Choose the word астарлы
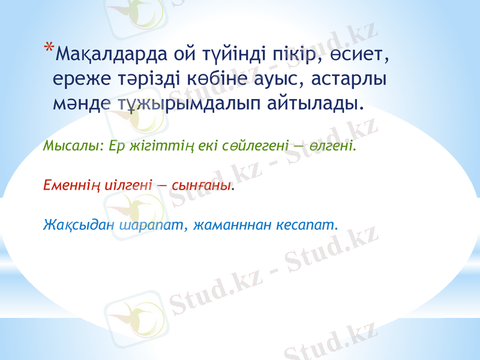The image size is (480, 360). pos(349,80)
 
